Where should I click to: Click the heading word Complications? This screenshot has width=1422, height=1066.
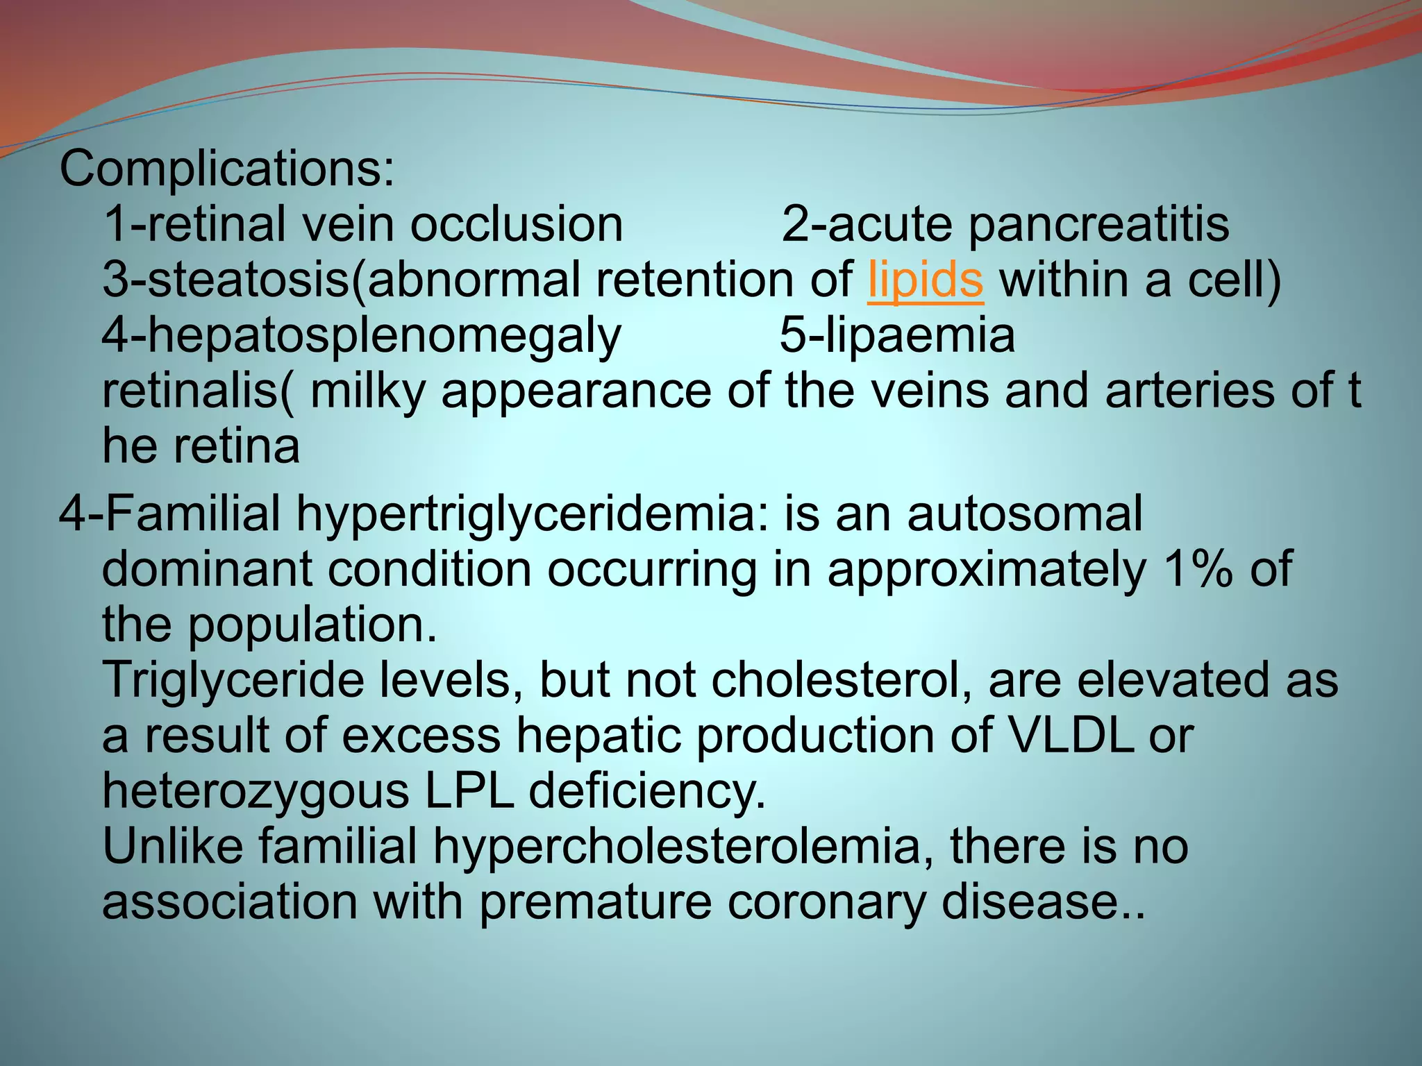(226, 169)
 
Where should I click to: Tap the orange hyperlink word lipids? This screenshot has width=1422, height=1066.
(925, 280)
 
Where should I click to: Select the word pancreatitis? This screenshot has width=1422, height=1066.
(1098, 225)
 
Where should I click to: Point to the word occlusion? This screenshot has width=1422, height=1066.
(516, 225)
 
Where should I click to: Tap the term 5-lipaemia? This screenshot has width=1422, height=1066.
(896, 336)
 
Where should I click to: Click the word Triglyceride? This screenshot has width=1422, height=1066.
(233, 681)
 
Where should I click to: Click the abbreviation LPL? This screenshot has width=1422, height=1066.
(469, 791)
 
